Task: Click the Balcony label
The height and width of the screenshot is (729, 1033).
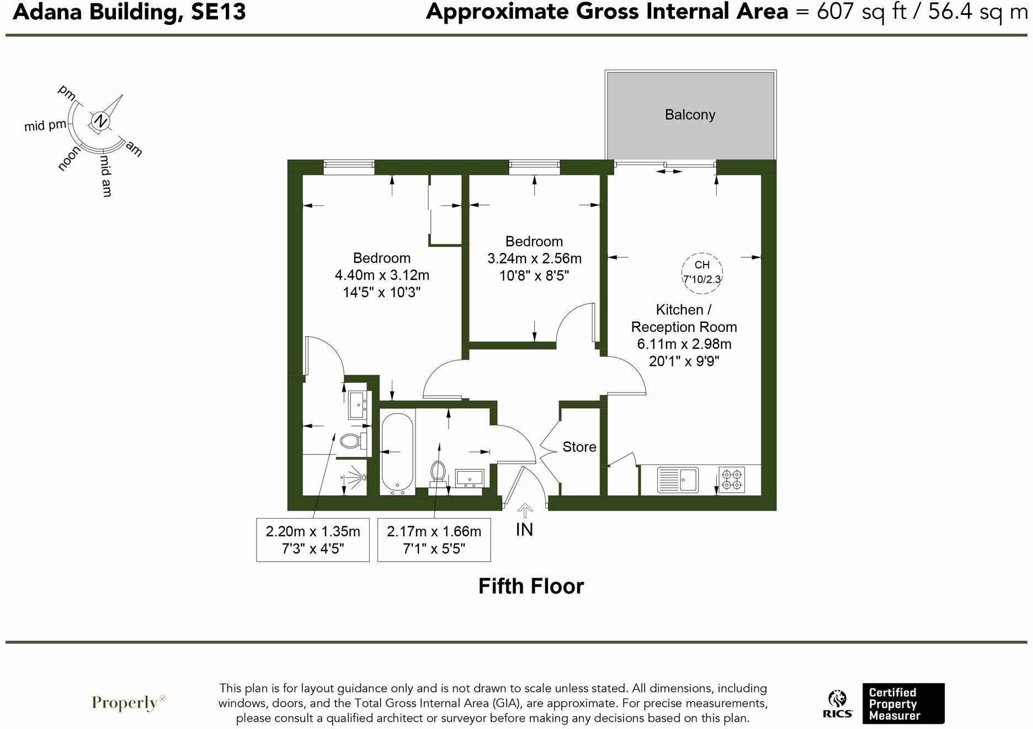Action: click(690, 115)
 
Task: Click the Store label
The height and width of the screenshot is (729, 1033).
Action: click(579, 447)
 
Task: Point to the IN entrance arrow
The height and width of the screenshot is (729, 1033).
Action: click(524, 511)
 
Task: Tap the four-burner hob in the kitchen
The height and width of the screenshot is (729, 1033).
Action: click(732, 479)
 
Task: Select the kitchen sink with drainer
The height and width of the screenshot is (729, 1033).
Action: click(678, 479)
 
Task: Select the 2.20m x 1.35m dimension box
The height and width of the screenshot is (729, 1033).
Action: click(312, 540)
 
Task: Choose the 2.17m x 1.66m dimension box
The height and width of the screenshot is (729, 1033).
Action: click(434, 540)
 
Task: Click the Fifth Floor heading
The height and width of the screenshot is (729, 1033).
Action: click(530, 586)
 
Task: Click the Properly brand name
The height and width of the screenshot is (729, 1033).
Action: click(126, 702)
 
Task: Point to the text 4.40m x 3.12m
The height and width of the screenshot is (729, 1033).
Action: click(382, 275)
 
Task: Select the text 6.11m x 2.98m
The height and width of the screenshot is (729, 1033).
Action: click(684, 344)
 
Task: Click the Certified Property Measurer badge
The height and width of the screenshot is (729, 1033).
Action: click(903, 704)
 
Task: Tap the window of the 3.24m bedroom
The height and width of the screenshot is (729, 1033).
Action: click(534, 167)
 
